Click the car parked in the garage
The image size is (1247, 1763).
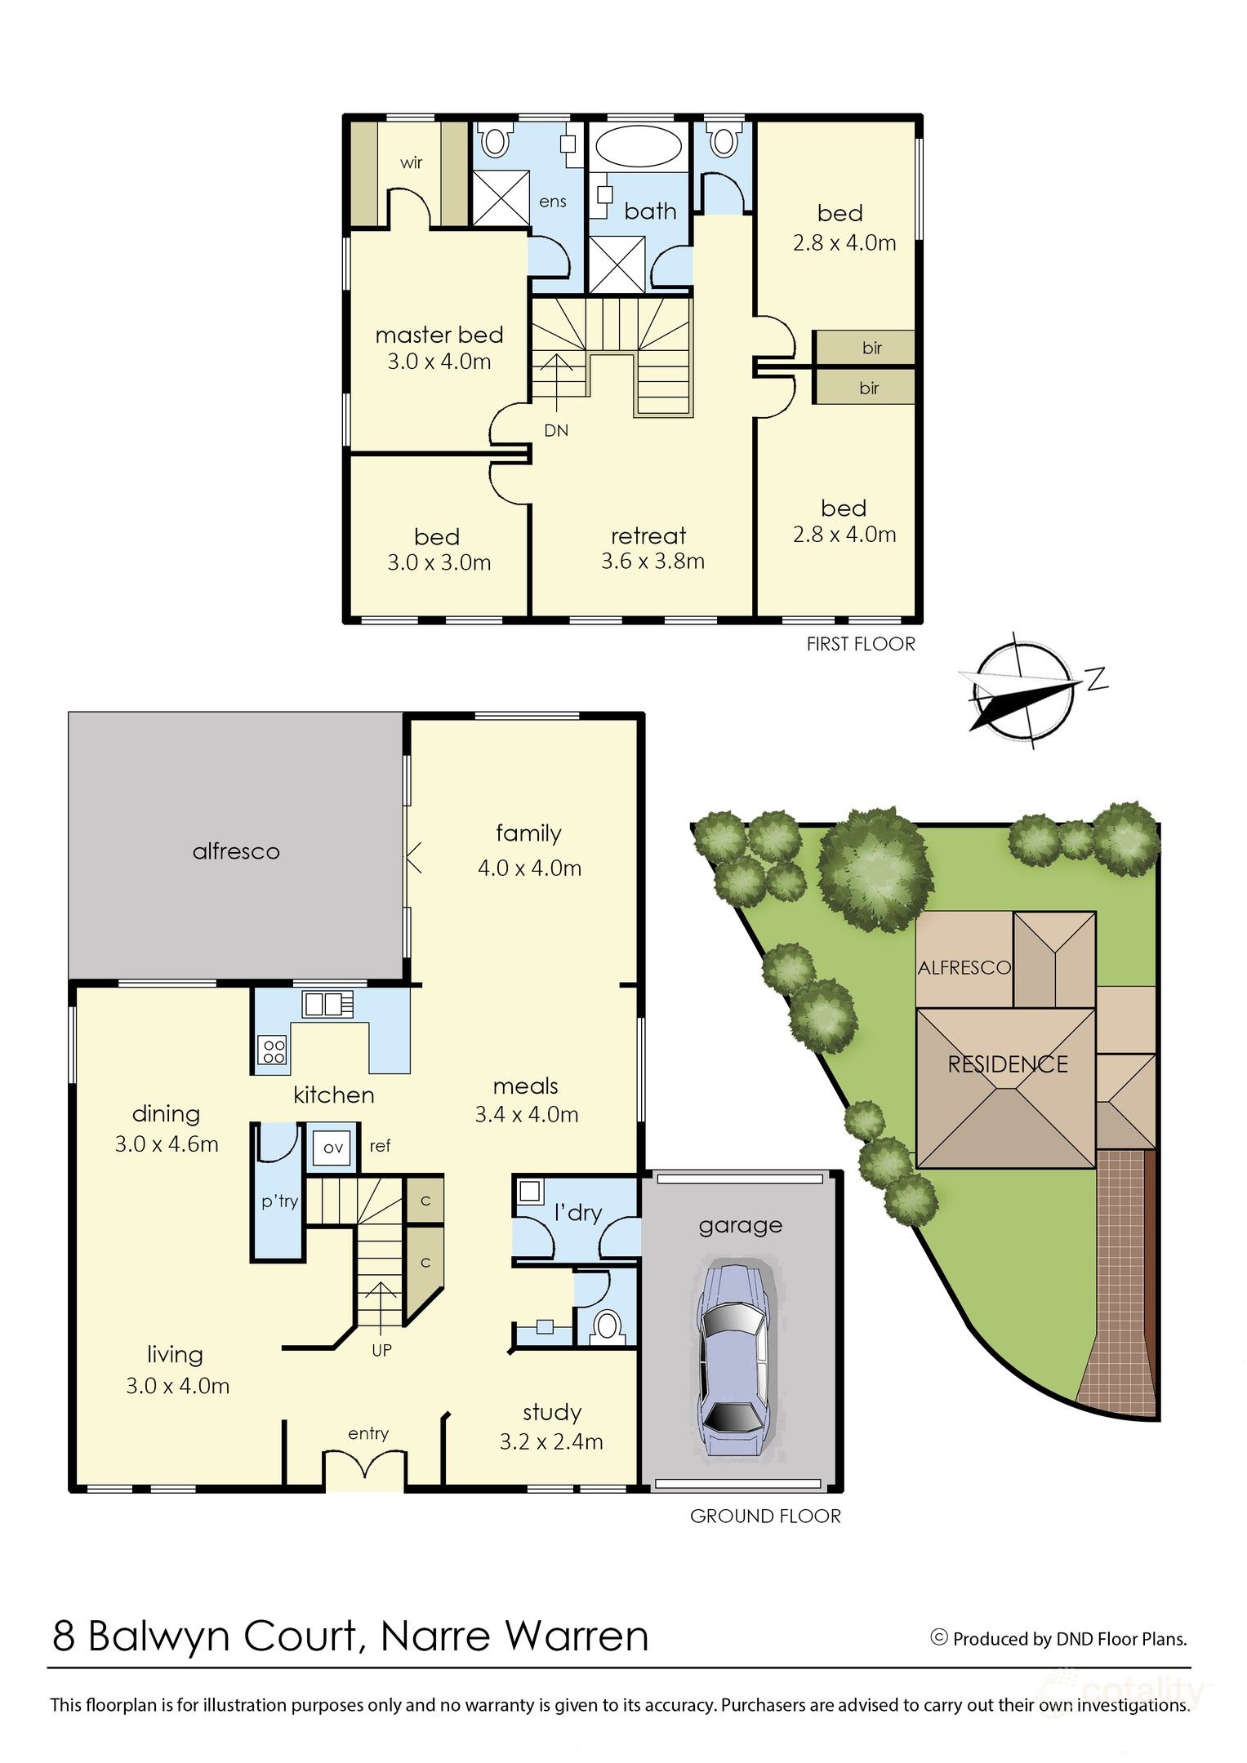click(x=733, y=1360)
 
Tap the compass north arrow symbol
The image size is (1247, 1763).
click(x=1024, y=689)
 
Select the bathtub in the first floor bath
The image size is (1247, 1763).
click(x=638, y=147)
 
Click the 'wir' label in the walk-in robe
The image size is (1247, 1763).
click(x=412, y=162)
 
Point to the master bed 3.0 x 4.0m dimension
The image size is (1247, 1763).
click(x=439, y=362)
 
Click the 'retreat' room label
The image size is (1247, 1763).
click(x=648, y=536)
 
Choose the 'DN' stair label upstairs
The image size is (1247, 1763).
click(x=556, y=430)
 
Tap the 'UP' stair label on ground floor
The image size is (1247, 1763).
click(x=381, y=1351)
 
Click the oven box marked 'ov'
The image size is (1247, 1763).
click(x=333, y=1148)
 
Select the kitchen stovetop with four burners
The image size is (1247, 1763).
click(x=273, y=1050)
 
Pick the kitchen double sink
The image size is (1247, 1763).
click(x=327, y=1003)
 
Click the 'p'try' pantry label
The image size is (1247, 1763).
click(x=279, y=1201)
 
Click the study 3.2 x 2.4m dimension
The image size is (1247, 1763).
click(x=551, y=1441)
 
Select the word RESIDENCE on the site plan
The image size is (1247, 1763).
click(x=1008, y=1064)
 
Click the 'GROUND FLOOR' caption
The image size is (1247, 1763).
click(x=765, y=1516)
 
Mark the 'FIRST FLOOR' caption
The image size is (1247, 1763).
click(x=861, y=644)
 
